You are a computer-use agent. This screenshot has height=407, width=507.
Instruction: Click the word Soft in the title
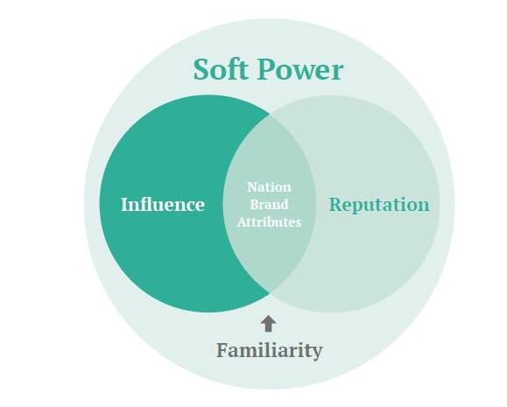click(221, 69)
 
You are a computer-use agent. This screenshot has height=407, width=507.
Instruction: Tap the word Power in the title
click(300, 69)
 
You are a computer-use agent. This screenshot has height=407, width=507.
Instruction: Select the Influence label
click(163, 204)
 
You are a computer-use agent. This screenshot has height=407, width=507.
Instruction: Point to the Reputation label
click(379, 205)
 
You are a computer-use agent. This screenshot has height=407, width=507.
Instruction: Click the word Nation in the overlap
click(269, 187)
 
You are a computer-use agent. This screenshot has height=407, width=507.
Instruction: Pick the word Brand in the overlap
click(269, 205)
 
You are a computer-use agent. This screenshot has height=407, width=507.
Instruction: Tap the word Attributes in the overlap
click(269, 222)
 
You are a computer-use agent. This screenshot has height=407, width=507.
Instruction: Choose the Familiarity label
click(270, 351)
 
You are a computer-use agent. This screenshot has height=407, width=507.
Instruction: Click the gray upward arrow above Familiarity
click(268, 324)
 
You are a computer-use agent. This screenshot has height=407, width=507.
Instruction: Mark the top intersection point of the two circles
click(270, 114)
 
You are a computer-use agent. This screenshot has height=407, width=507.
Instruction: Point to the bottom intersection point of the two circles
click(270, 293)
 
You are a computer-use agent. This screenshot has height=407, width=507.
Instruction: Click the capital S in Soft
click(201, 69)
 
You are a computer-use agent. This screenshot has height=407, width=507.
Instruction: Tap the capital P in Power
click(266, 69)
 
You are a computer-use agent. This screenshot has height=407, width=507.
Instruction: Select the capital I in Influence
click(125, 204)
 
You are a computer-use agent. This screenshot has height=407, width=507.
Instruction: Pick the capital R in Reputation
click(336, 205)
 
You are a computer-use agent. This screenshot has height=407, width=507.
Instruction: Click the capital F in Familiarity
click(222, 350)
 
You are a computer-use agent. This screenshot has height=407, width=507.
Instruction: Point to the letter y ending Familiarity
click(317, 354)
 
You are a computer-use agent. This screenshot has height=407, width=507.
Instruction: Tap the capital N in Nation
click(252, 186)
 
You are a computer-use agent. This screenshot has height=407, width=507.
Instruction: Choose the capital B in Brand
click(255, 204)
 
